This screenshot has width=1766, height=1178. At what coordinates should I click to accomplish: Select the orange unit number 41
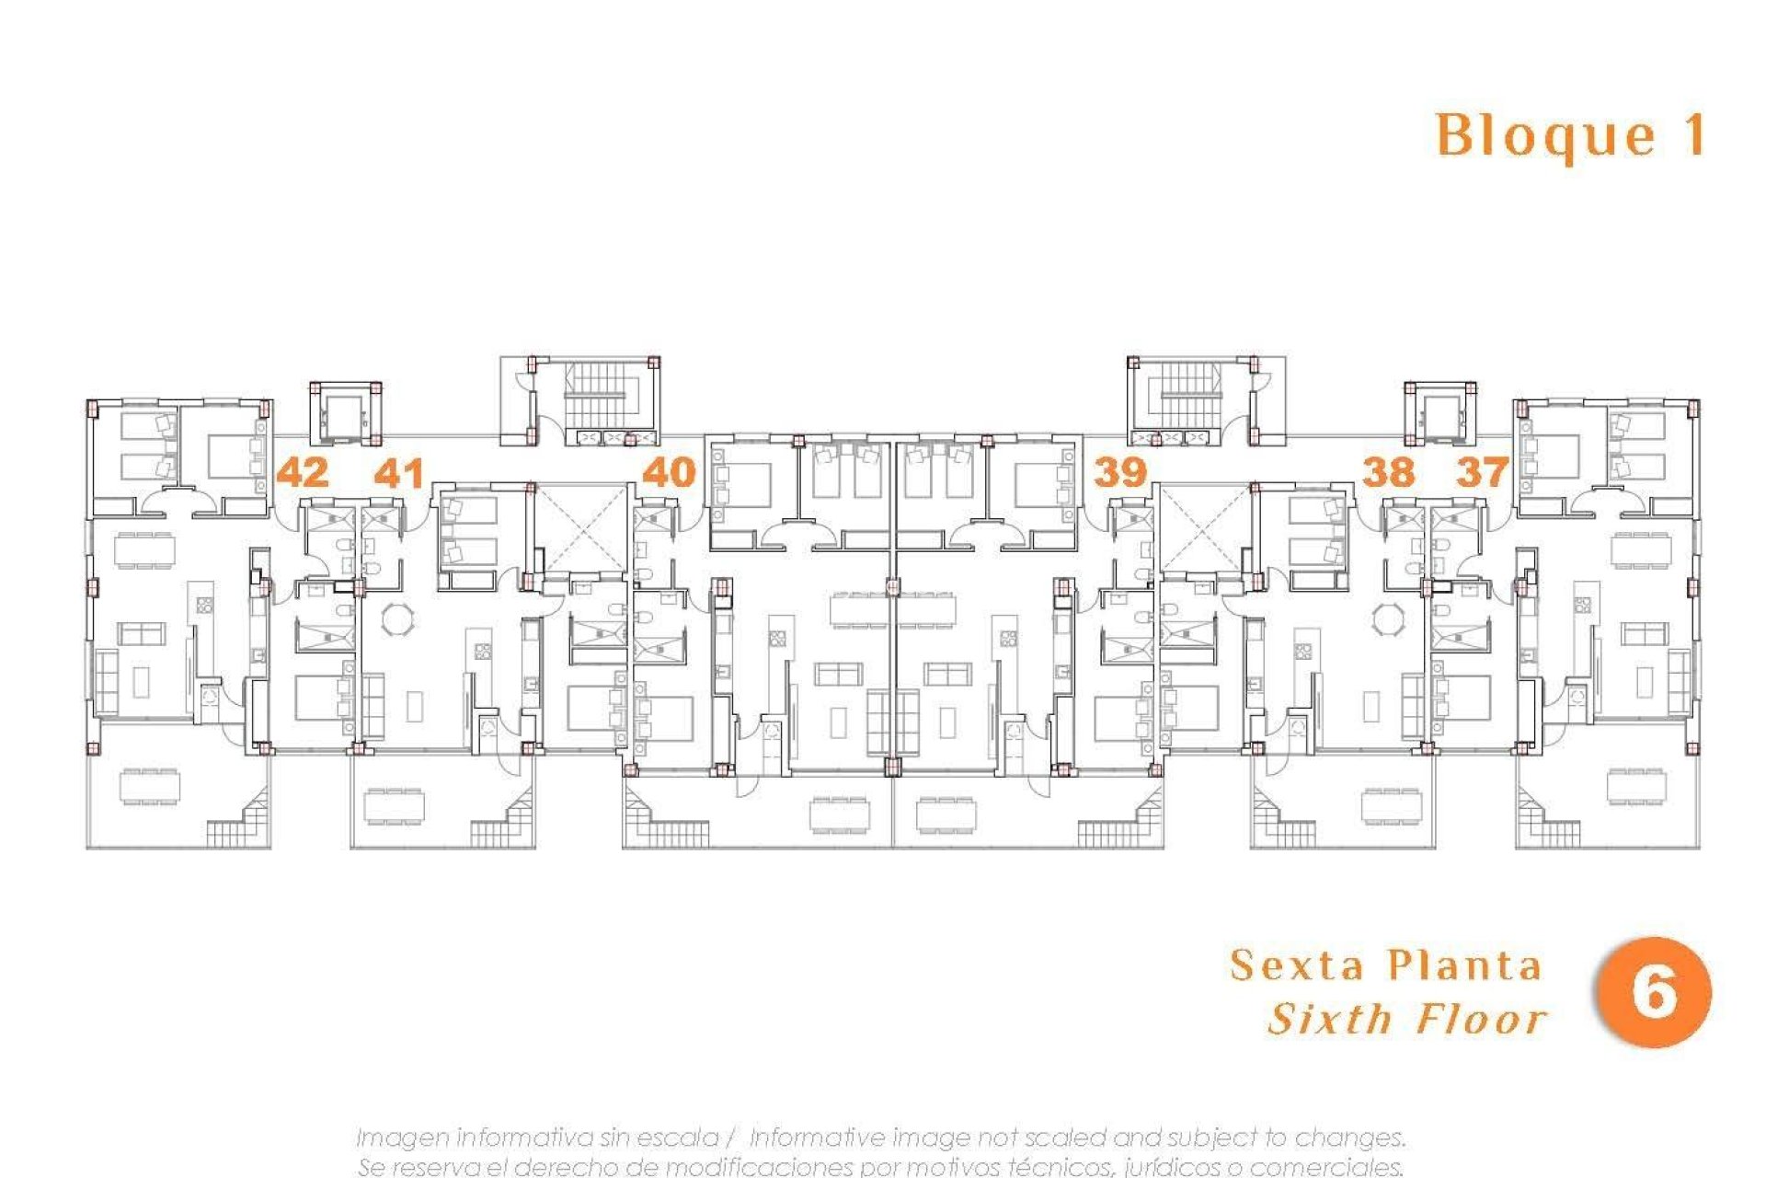[399, 473]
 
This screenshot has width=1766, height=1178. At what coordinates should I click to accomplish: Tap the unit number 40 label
[669, 472]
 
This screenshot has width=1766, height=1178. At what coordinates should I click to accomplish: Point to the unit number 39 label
[1119, 472]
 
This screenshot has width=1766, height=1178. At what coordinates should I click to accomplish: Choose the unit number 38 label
[1388, 472]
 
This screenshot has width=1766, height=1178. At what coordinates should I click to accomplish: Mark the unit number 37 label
[1482, 472]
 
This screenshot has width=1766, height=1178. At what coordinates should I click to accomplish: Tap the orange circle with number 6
[1653, 992]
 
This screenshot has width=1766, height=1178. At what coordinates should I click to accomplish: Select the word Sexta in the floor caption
[1297, 965]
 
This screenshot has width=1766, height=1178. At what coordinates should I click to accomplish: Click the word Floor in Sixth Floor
[1482, 1019]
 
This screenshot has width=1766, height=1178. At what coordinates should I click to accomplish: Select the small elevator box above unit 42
[345, 413]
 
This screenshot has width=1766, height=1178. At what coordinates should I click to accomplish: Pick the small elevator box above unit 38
[1439, 413]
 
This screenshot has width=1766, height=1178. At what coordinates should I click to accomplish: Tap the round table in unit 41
[398, 618]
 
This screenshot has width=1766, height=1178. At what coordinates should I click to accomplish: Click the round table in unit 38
[1387, 618]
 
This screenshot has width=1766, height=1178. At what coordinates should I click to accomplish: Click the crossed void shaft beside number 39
[1203, 530]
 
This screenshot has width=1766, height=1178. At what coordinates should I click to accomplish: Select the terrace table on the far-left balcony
[150, 787]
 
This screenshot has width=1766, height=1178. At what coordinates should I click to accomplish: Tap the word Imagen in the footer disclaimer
[402, 1138]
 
